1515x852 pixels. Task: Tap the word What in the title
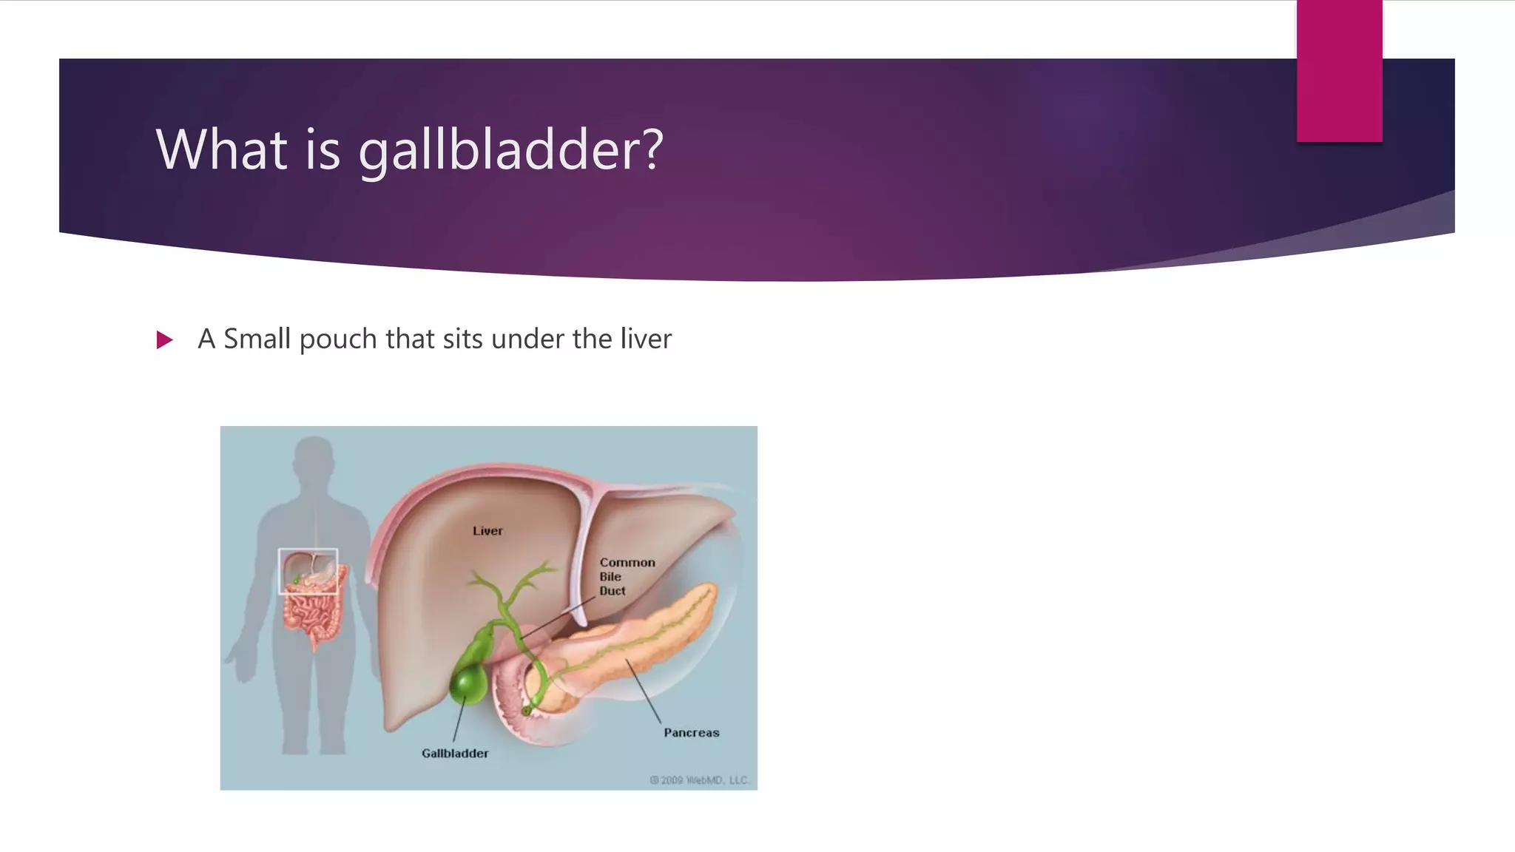click(221, 150)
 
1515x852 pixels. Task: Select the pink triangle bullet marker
click(164, 340)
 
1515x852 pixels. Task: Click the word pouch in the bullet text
click(337, 339)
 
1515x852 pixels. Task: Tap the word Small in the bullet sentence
click(257, 339)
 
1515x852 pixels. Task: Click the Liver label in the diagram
click(487, 531)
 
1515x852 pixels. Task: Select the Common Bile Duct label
click(626, 577)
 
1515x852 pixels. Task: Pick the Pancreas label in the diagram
click(691, 733)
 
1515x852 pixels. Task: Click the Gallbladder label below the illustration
click(455, 754)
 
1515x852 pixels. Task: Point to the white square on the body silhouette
click(308, 571)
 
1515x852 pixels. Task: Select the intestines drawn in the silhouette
click(312, 614)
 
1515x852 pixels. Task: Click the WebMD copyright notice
click(699, 780)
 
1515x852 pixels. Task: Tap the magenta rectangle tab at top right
click(1339, 70)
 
